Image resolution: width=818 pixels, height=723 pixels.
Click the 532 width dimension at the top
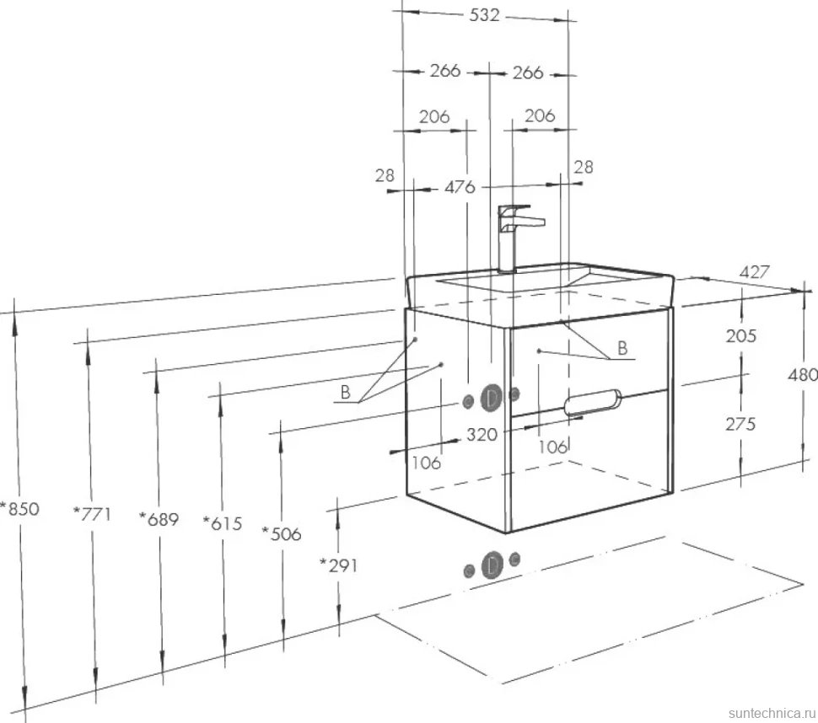484,15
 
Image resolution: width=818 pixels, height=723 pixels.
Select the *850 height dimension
20,508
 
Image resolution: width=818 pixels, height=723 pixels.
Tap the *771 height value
92,514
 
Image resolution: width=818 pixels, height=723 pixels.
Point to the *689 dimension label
159,519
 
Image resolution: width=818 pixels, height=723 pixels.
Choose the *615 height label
223,522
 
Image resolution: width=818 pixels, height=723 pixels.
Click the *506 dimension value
282,533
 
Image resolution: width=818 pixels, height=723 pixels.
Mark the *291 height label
338,565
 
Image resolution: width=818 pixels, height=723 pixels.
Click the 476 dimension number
460,186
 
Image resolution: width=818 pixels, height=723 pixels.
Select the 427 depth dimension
755,271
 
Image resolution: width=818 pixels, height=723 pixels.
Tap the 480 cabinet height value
803,375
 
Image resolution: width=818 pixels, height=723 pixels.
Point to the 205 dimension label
740,335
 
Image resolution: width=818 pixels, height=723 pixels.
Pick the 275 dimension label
740,425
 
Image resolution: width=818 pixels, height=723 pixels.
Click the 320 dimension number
482,434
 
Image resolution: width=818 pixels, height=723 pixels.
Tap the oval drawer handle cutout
593,403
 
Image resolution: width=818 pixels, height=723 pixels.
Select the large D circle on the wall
491,399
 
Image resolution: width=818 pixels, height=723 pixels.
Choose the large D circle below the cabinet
491,565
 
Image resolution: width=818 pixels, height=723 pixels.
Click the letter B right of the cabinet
622,348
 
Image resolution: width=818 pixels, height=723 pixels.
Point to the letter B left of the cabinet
345,392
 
